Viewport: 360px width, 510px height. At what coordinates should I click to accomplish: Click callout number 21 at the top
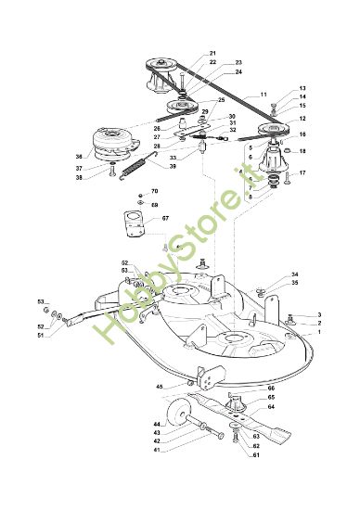tap(212, 53)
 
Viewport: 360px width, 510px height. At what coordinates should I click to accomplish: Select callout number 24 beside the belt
tap(238, 71)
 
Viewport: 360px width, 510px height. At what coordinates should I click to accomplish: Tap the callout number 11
tap(263, 95)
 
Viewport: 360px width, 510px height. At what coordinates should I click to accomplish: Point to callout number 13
tap(302, 89)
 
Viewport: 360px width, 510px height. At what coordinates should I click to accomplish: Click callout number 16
tap(302, 134)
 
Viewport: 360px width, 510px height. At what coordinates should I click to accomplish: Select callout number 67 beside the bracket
tap(165, 218)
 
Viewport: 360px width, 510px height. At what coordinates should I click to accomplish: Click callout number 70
tap(154, 191)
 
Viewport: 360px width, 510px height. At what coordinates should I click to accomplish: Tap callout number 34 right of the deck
tap(295, 274)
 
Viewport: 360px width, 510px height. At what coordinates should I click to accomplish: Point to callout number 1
tap(320, 332)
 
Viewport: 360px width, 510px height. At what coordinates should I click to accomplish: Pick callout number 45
tap(159, 386)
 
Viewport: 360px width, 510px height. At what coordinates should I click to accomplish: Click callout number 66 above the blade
tap(271, 388)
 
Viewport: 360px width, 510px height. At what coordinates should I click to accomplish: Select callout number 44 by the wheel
tap(158, 423)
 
